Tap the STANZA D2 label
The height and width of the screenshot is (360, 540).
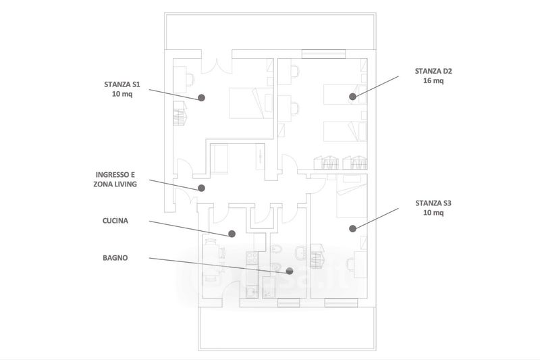433,70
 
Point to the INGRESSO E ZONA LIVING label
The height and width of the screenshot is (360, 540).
119,178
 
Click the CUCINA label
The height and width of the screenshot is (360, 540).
115,220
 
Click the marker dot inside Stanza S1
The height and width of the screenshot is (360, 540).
201,98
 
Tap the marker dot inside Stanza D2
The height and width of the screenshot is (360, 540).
352,97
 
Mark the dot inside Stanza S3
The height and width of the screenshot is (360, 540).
352,228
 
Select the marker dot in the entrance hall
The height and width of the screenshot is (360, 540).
200,188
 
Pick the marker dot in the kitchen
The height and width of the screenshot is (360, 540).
232,234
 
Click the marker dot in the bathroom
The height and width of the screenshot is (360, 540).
290,271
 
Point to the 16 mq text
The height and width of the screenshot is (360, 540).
433,81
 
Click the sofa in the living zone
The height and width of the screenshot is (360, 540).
222,159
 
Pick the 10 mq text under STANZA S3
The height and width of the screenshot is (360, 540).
433,213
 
